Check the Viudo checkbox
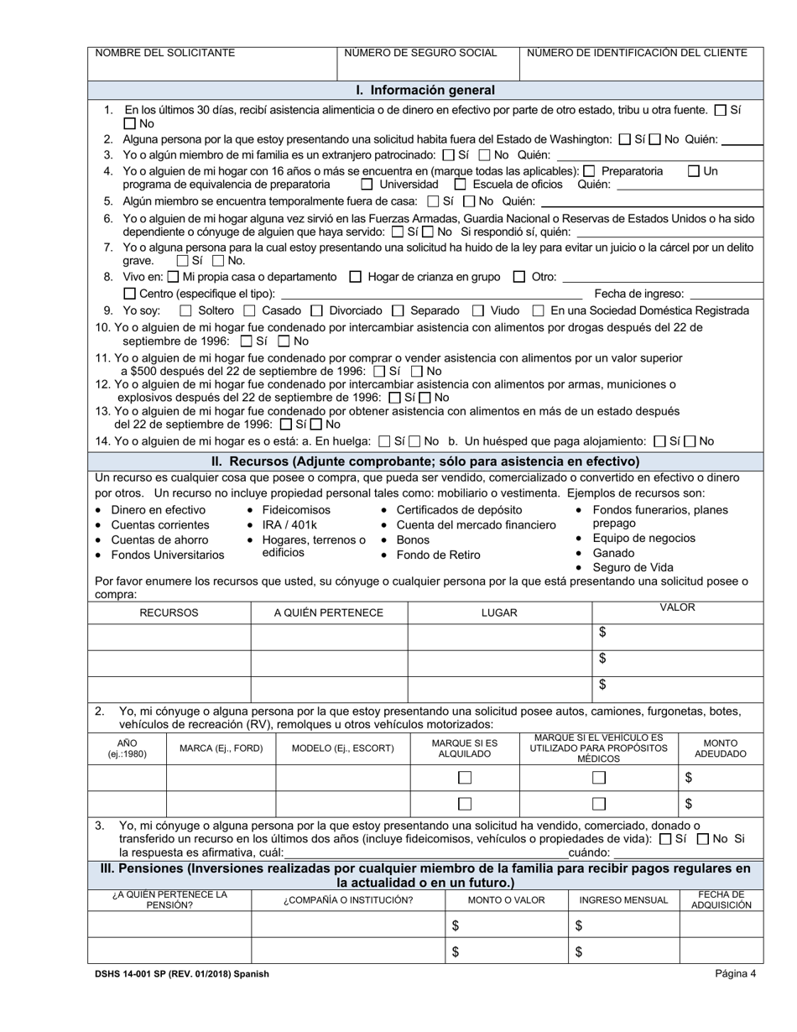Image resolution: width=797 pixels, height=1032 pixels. click(477, 310)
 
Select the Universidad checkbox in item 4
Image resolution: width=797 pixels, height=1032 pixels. click(367, 185)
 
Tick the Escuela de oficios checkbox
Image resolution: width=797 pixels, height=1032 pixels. click(460, 185)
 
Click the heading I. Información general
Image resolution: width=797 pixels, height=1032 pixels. click(425, 90)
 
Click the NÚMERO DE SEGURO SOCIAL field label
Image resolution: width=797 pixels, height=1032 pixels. click(420, 53)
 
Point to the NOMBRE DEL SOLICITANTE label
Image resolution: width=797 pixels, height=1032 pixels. click(164, 53)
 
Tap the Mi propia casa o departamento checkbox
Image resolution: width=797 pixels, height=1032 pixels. click(173, 277)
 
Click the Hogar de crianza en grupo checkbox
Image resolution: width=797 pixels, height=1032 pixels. click(355, 277)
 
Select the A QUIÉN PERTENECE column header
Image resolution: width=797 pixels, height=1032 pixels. click(328, 613)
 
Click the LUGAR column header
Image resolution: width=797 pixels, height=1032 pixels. click(498, 613)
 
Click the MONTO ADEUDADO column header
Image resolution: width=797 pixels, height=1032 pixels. click(720, 748)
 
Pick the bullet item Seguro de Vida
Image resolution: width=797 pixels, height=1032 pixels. click(633, 568)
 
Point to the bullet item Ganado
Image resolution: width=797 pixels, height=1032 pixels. click(612, 554)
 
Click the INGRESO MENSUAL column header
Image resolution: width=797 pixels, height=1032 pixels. click(623, 900)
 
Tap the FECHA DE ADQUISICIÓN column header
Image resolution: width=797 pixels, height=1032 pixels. click(721, 900)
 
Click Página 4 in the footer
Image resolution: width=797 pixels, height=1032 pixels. click(736, 974)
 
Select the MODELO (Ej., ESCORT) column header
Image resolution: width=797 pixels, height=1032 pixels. click(342, 748)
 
